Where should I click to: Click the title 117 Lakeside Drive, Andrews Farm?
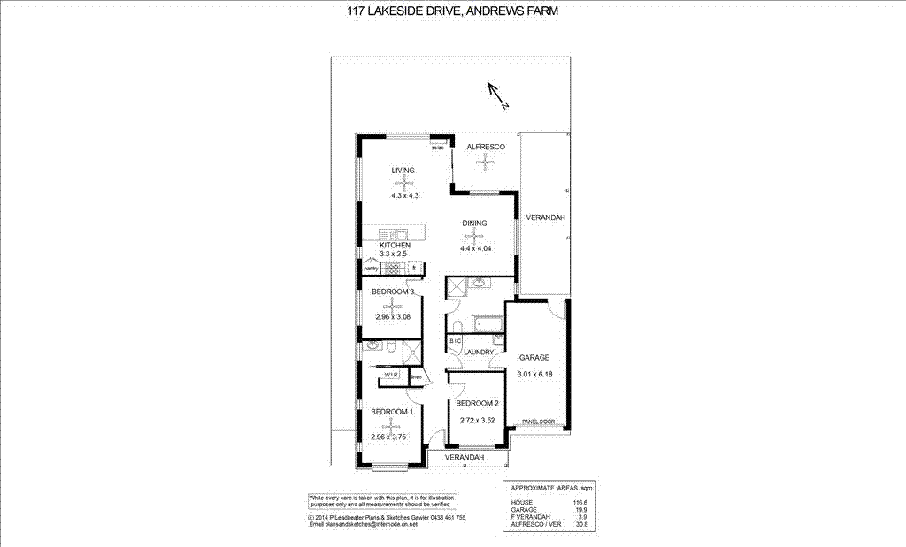coord(452,11)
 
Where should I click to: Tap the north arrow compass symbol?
coord(496,95)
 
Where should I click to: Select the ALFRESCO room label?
coord(486,147)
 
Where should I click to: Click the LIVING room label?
coord(403,170)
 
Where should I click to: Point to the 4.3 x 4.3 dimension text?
coord(403,195)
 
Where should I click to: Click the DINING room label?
coord(474,224)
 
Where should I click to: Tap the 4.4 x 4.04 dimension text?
coord(475,248)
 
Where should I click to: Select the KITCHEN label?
coord(395,245)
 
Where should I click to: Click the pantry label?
coord(372,267)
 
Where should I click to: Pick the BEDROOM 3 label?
coord(393,292)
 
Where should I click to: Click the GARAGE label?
coord(534,358)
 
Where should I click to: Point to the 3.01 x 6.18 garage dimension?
coord(534,374)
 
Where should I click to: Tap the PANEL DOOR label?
coord(538,422)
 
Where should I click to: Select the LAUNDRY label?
coord(478,353)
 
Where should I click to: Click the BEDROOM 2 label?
coord(478,403)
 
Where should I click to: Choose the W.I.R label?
coord(390,376)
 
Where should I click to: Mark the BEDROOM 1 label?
coord(392,412)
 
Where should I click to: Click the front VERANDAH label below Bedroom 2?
coord(465,458)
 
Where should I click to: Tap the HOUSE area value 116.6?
coord(580,502)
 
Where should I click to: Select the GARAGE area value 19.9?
coord(581,510)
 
